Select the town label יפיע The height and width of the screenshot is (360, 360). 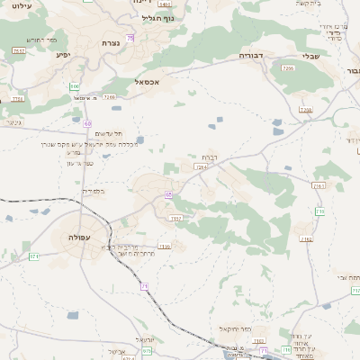63,55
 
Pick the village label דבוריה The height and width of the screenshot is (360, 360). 250,56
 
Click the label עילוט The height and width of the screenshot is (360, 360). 18,5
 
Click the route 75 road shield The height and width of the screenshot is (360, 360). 130,38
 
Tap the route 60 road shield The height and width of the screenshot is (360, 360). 87,122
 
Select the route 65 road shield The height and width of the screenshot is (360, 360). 168,193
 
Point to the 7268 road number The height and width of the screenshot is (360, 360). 110,95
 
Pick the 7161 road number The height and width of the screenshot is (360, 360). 318,185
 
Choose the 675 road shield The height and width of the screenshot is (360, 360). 147,352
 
